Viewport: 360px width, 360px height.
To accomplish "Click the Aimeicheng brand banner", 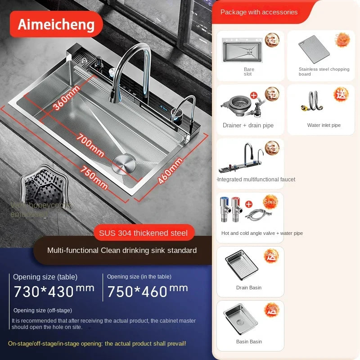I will tap(56, 24).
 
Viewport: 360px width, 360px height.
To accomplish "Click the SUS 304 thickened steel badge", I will tap(144, 233).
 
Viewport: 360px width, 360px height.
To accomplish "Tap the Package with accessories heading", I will tap(259, 12).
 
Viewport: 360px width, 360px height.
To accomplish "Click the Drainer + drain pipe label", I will tap(248, 126).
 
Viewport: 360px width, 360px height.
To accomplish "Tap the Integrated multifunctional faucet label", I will tap(256, 180).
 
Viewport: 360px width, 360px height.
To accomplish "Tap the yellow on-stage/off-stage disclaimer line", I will tap(97, 343).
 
